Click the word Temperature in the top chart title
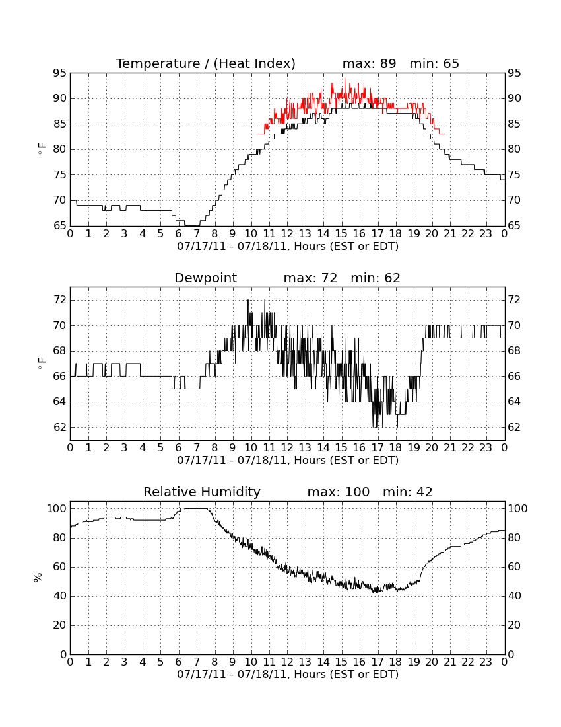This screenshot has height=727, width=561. (158, 63)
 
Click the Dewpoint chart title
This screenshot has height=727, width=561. (205, 278)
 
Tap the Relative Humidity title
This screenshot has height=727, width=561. (202, 492)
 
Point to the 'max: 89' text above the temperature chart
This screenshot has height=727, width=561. (370, 63)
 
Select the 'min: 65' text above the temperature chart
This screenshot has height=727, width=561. (434, 63)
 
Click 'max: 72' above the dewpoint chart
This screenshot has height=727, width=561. (311, 278)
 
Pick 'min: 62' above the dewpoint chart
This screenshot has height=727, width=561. (376, 278)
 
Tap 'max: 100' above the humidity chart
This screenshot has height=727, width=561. (339, 492)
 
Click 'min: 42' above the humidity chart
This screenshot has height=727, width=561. (407, 492)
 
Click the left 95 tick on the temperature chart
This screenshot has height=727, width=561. (60, 73)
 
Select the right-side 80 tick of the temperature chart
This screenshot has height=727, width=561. (514, 149)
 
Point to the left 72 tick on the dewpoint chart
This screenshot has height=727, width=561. (60, 300)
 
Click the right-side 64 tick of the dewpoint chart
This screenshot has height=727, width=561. (514, 402)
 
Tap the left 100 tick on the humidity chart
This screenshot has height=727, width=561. (57, 509)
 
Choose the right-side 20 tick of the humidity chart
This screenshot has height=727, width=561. (514, 625)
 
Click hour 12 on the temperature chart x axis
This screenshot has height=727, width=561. (287, 234)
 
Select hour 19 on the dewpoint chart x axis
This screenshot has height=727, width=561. (414, 448)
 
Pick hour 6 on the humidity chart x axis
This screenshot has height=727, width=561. (179, 662)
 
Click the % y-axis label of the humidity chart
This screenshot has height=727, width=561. (38, 578)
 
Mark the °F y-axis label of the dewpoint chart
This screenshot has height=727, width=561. (42, 363)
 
